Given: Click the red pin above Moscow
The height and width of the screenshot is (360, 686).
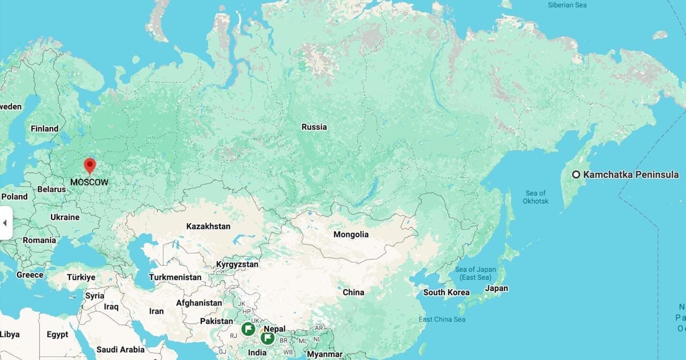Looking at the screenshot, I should pyautogui.click(x=90, y=165).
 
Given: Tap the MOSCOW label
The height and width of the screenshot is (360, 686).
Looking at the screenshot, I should pyautogui.click(x=89, y=182).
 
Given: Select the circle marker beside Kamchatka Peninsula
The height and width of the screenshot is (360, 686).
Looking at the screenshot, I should pyautogui.click(x=576, y=174).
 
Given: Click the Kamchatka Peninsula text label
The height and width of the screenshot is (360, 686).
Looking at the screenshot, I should pyautogui.click(x=631, y=174).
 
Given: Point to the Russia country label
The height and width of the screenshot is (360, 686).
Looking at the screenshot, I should pyautogui.click(x=314, y=127).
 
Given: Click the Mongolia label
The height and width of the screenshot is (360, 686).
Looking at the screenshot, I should pyautogui.click(x=351, y=234).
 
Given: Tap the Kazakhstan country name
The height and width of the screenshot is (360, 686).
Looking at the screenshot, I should pyautogui.click(x=208, y=226).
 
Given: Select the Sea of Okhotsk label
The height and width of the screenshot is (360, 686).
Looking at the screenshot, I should pyautogui.click(x=535, y=197).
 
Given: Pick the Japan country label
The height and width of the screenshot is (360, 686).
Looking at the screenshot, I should pyautogui.click(x=496, y=288).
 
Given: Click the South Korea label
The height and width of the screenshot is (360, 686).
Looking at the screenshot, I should pyautogui.click(x=446, y=292).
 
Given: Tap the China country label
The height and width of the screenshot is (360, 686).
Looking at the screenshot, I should pyautogui.click(x=353, y=292).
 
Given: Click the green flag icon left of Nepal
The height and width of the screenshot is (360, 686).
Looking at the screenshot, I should pyautogui.click(x=248, y=329).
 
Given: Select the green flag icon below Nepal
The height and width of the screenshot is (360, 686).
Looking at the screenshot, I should pyautogui.click(x=267, y=338).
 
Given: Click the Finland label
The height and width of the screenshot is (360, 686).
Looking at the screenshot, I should pyautogui.click(x=44, y=129).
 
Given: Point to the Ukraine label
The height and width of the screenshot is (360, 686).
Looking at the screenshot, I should pyautogui.click(x=65, y=217).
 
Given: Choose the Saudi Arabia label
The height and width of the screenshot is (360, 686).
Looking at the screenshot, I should pyautogui.click(x=121, y=350).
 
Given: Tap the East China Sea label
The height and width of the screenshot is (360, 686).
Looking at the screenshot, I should pyautogui.click(x=442, y=319).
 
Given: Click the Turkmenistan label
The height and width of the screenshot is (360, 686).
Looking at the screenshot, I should pyautogui.click(x=175, y=277).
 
